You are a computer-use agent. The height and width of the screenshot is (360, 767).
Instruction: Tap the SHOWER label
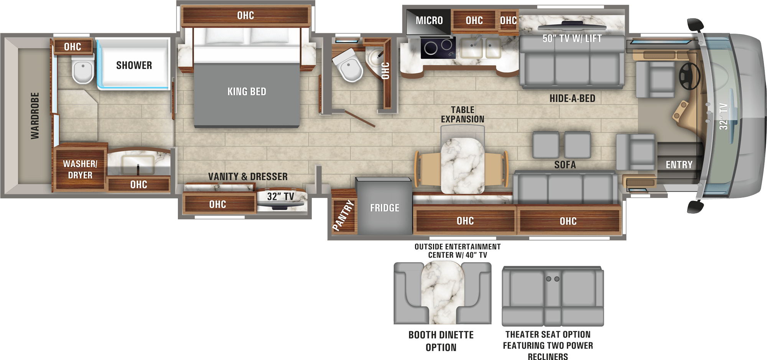[134, 66]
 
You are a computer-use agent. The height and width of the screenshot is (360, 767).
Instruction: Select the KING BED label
[247, 92]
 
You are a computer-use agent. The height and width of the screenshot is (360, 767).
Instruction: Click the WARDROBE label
[35, 115]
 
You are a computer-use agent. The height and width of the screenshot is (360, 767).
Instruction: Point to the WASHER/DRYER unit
[80, 169]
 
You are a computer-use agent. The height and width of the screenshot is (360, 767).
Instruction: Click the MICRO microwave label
[429, 20]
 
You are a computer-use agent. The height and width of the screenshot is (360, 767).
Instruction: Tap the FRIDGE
[384, 208]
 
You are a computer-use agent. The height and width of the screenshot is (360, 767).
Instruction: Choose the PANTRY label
[343, 215]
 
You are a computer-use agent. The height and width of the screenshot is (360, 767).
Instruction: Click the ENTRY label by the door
[679, 165]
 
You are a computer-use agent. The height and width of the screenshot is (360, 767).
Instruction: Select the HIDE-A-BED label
[572, 99]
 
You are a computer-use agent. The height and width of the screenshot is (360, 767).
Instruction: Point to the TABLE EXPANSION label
[463, 115]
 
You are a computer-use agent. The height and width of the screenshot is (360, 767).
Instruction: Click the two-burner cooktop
[438, 48]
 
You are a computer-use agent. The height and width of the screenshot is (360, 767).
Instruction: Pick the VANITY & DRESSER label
[248, 177]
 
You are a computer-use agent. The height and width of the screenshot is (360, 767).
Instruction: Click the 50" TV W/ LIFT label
[572, 38]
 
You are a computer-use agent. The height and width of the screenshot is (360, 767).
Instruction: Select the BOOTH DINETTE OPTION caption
[441, 341]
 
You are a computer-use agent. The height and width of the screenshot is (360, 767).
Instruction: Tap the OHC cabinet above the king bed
[245, 16]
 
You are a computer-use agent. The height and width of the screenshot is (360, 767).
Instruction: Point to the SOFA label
[565, 165]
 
